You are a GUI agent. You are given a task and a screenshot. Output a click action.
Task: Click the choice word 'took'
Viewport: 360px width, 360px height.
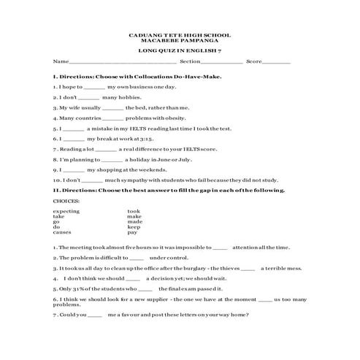(134, 210)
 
